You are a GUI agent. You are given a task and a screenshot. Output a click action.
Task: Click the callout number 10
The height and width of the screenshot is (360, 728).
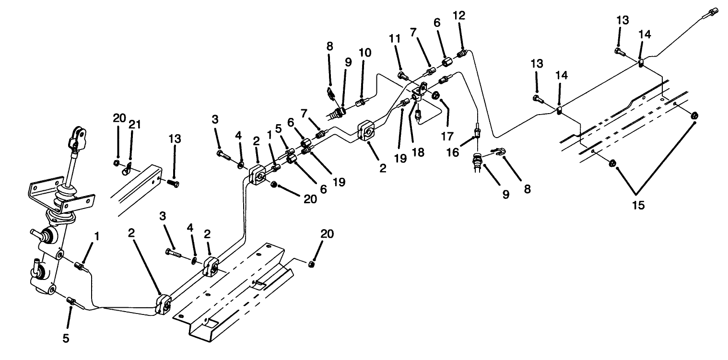365,53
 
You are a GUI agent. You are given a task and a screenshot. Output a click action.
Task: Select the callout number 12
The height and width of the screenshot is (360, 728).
459,15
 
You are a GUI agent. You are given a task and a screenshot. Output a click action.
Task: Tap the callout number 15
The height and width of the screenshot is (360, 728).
638,205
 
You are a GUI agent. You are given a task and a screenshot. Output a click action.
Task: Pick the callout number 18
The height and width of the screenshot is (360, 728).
418,153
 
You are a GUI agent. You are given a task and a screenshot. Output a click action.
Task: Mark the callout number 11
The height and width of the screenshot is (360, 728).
395,39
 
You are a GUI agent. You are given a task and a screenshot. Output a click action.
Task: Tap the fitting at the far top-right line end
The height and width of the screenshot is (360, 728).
712,12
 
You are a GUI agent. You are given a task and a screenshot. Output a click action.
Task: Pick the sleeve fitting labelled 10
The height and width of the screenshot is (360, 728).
361,103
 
